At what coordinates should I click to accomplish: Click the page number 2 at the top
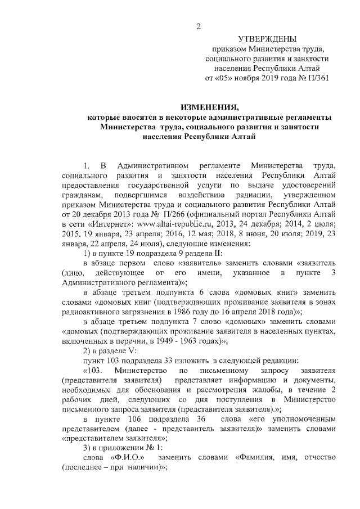click(198, 26)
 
